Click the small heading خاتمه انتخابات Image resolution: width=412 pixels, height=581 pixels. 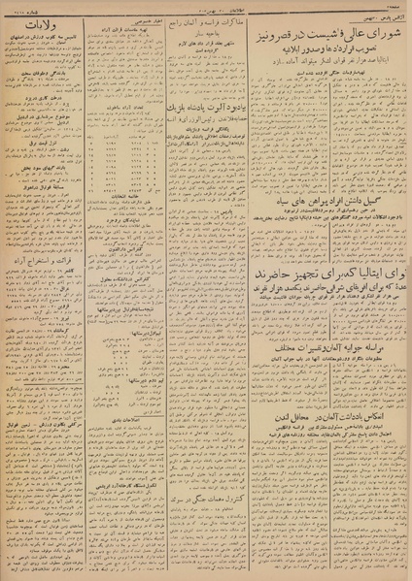(120, 197)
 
